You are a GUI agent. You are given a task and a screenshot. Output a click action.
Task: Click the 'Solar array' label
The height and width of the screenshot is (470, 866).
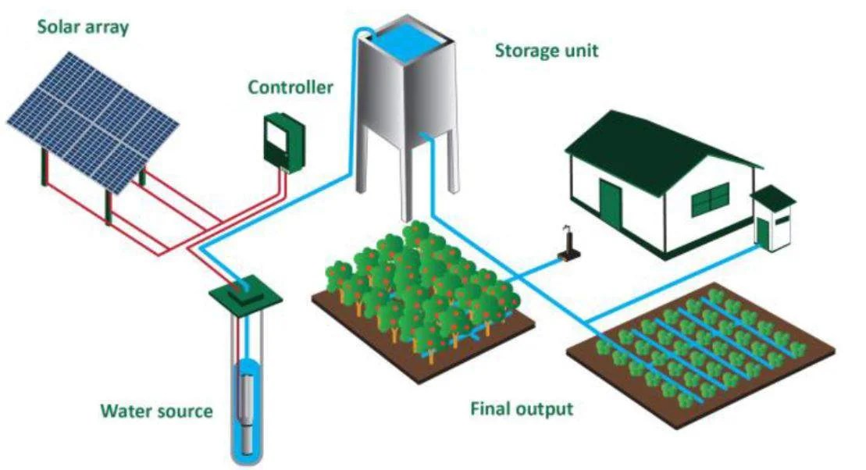click(83, 27)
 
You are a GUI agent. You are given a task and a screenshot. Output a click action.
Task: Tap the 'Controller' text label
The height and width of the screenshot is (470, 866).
click(290, 87)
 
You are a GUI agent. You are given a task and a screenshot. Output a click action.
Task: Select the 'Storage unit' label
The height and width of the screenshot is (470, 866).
click(546, 51)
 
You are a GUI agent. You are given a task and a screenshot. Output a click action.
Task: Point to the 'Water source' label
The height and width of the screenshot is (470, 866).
click(156, 411)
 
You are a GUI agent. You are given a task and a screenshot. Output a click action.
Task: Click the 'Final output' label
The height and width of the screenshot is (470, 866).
click(522, 409)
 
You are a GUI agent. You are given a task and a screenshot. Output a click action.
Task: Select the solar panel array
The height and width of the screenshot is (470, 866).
click(93, 123)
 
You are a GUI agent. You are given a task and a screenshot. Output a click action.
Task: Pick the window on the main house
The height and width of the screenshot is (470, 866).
click(711, 200)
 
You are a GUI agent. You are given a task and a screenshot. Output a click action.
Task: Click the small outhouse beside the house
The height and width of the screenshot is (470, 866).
click(773, 218)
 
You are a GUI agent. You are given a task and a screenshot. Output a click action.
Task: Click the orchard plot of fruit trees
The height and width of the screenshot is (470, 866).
click(422, 301)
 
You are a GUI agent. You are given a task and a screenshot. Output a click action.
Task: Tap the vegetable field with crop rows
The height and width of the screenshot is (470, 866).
click(701, 354)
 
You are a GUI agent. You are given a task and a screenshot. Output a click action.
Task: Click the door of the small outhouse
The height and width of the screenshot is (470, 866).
click(763, 232)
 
